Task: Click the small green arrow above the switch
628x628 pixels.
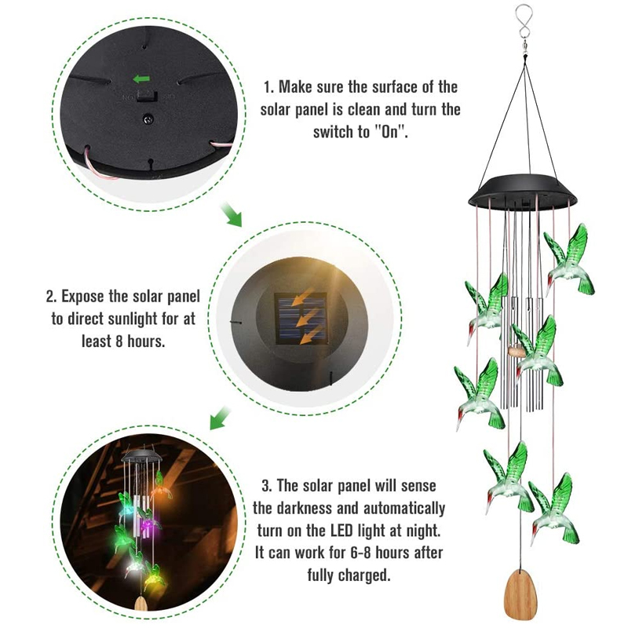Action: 141,79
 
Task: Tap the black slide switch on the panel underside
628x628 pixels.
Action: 146,96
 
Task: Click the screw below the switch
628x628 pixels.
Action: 148,119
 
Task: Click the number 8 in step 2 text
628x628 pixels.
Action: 119,341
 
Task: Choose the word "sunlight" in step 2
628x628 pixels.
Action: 133,319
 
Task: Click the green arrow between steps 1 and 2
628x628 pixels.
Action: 232,214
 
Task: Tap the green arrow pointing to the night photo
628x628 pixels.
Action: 221,418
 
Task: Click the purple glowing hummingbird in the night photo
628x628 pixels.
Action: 149,520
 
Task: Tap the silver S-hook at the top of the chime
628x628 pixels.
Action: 523,25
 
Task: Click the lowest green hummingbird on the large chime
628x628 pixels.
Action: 555,509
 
